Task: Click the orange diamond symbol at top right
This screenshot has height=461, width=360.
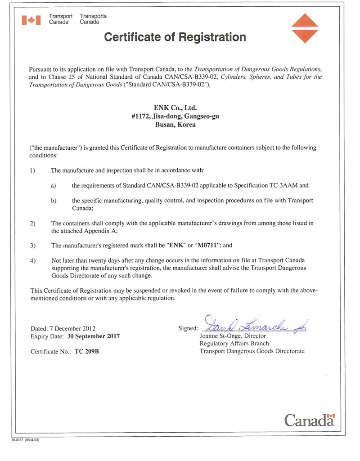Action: (304, 28)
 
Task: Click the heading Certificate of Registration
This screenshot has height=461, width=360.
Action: (175, 37)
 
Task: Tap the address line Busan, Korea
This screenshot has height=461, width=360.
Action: (175, 125)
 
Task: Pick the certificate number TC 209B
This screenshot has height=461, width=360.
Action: (87, 351)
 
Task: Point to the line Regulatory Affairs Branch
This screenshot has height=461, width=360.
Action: (234, 344)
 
